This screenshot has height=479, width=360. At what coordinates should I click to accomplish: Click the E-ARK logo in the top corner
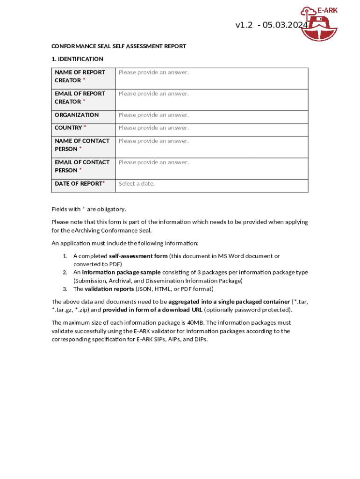click(319, 23)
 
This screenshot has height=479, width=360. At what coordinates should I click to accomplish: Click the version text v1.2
click(244, 25)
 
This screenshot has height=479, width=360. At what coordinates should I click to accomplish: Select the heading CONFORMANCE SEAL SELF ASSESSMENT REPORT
click(118, 46)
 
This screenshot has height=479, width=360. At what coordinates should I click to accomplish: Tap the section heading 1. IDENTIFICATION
click(77, 59)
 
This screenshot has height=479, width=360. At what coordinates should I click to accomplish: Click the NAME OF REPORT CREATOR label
click(79, 76)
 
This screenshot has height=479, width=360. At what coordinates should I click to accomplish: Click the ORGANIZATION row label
click(77, 115)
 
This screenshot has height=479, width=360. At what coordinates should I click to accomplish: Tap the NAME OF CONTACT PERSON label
click(82, 145)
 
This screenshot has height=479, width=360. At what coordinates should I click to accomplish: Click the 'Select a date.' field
click(137, 183)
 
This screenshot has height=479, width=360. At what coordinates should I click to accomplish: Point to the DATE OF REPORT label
click(78, 184)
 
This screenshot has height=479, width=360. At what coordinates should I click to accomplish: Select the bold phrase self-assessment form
click(138, 256)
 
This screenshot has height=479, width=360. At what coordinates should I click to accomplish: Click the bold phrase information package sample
click(121, 272)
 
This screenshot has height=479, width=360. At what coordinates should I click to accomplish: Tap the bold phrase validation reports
click(108, 289)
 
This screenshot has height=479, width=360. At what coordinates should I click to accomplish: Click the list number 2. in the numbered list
click(65, 272)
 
